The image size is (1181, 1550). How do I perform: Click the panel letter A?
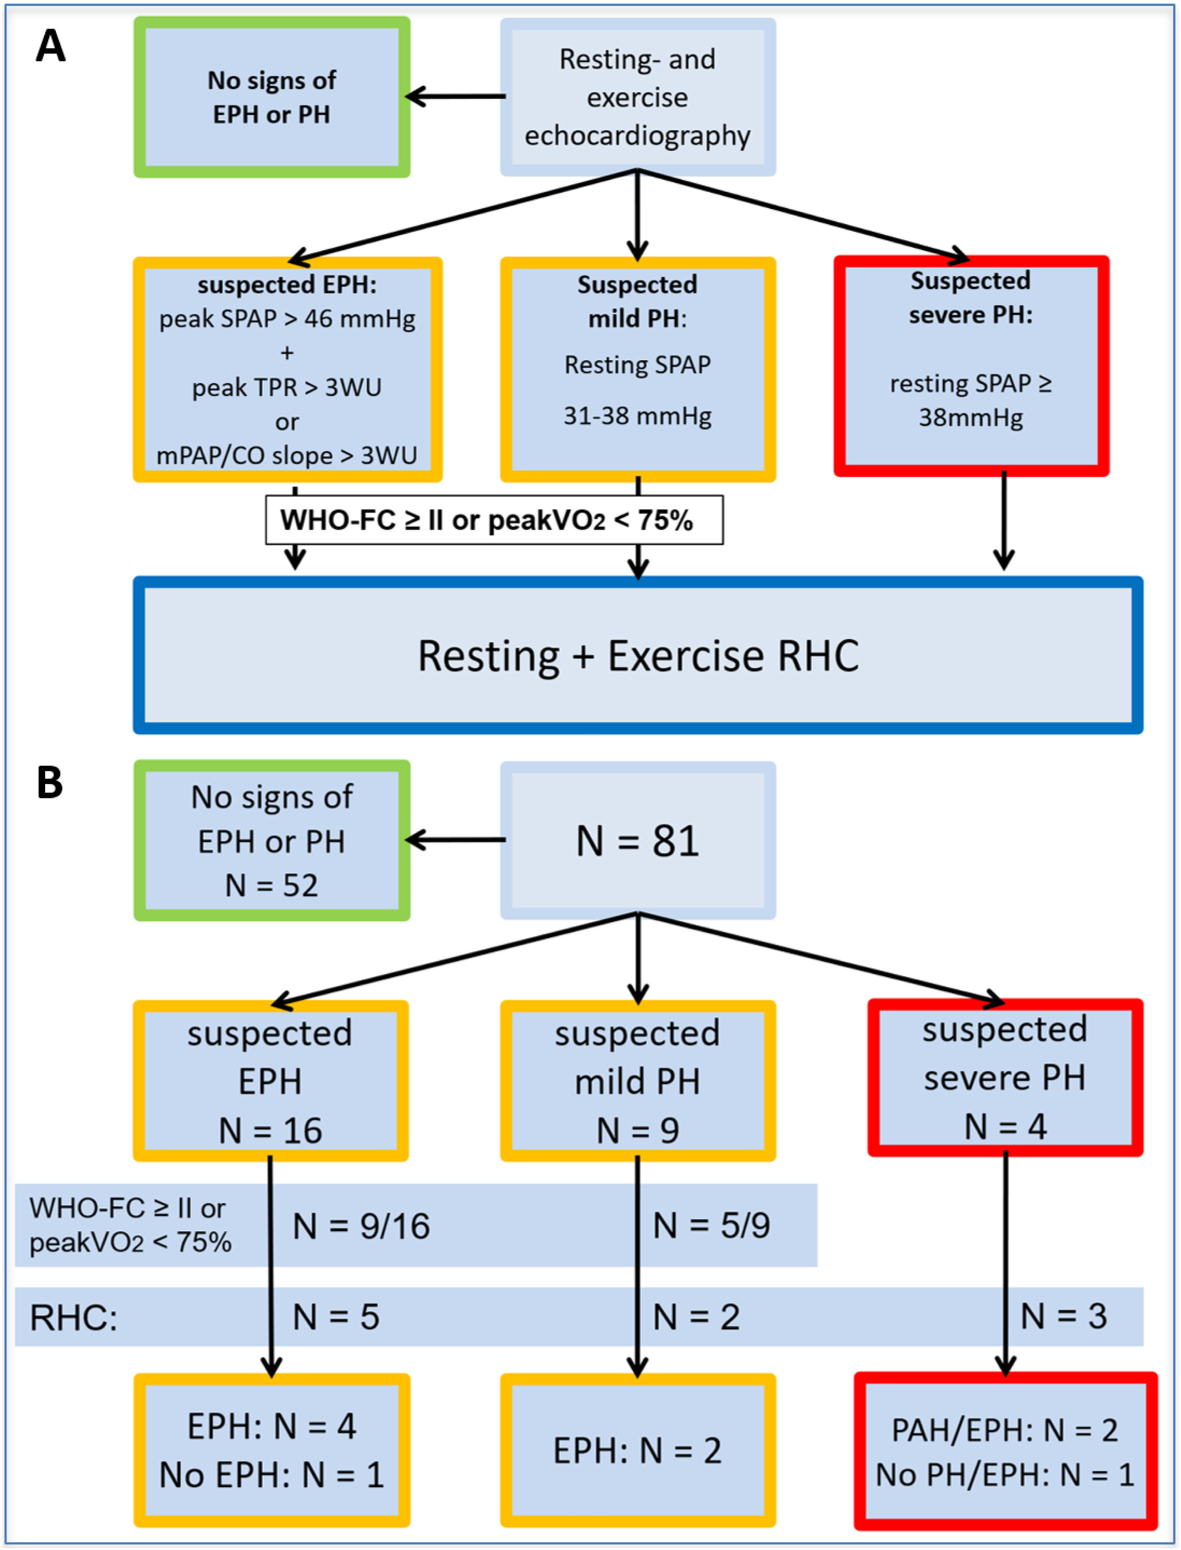pyautogui.click(x=51, y=47)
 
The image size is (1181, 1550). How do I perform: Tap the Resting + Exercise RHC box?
pyautogui.click(x=638, y=655)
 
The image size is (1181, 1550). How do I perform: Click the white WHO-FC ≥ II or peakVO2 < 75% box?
pyautogui.click(x=494, y=520)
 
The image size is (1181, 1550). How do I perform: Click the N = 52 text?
pyautogui.click(x=271, y=885)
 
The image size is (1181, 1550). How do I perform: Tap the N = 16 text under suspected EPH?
pyautogui.click(x=270, y=1130)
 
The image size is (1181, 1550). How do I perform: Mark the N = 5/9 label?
pyautogui.click(x=711, y=1225)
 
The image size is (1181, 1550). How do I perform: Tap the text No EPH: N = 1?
pyautogui.click(x=271, y=1475)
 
